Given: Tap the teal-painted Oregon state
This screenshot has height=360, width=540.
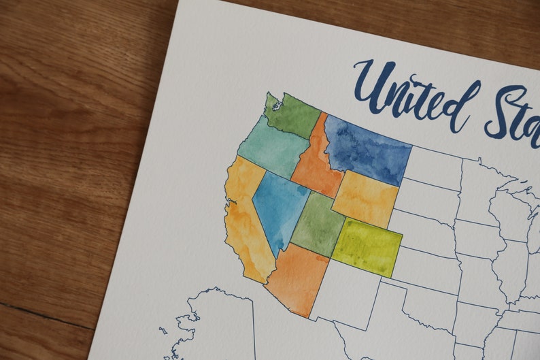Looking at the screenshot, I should pyautogui.click(x=269, y=146).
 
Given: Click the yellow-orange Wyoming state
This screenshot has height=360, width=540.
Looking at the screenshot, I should pyautogui.click(x=365, y=199).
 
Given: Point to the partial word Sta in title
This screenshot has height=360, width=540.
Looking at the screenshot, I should pyautogui.click(x=513, y=112).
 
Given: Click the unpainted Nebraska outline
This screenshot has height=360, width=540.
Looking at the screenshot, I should pyautogui.click(x=425, y=231).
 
